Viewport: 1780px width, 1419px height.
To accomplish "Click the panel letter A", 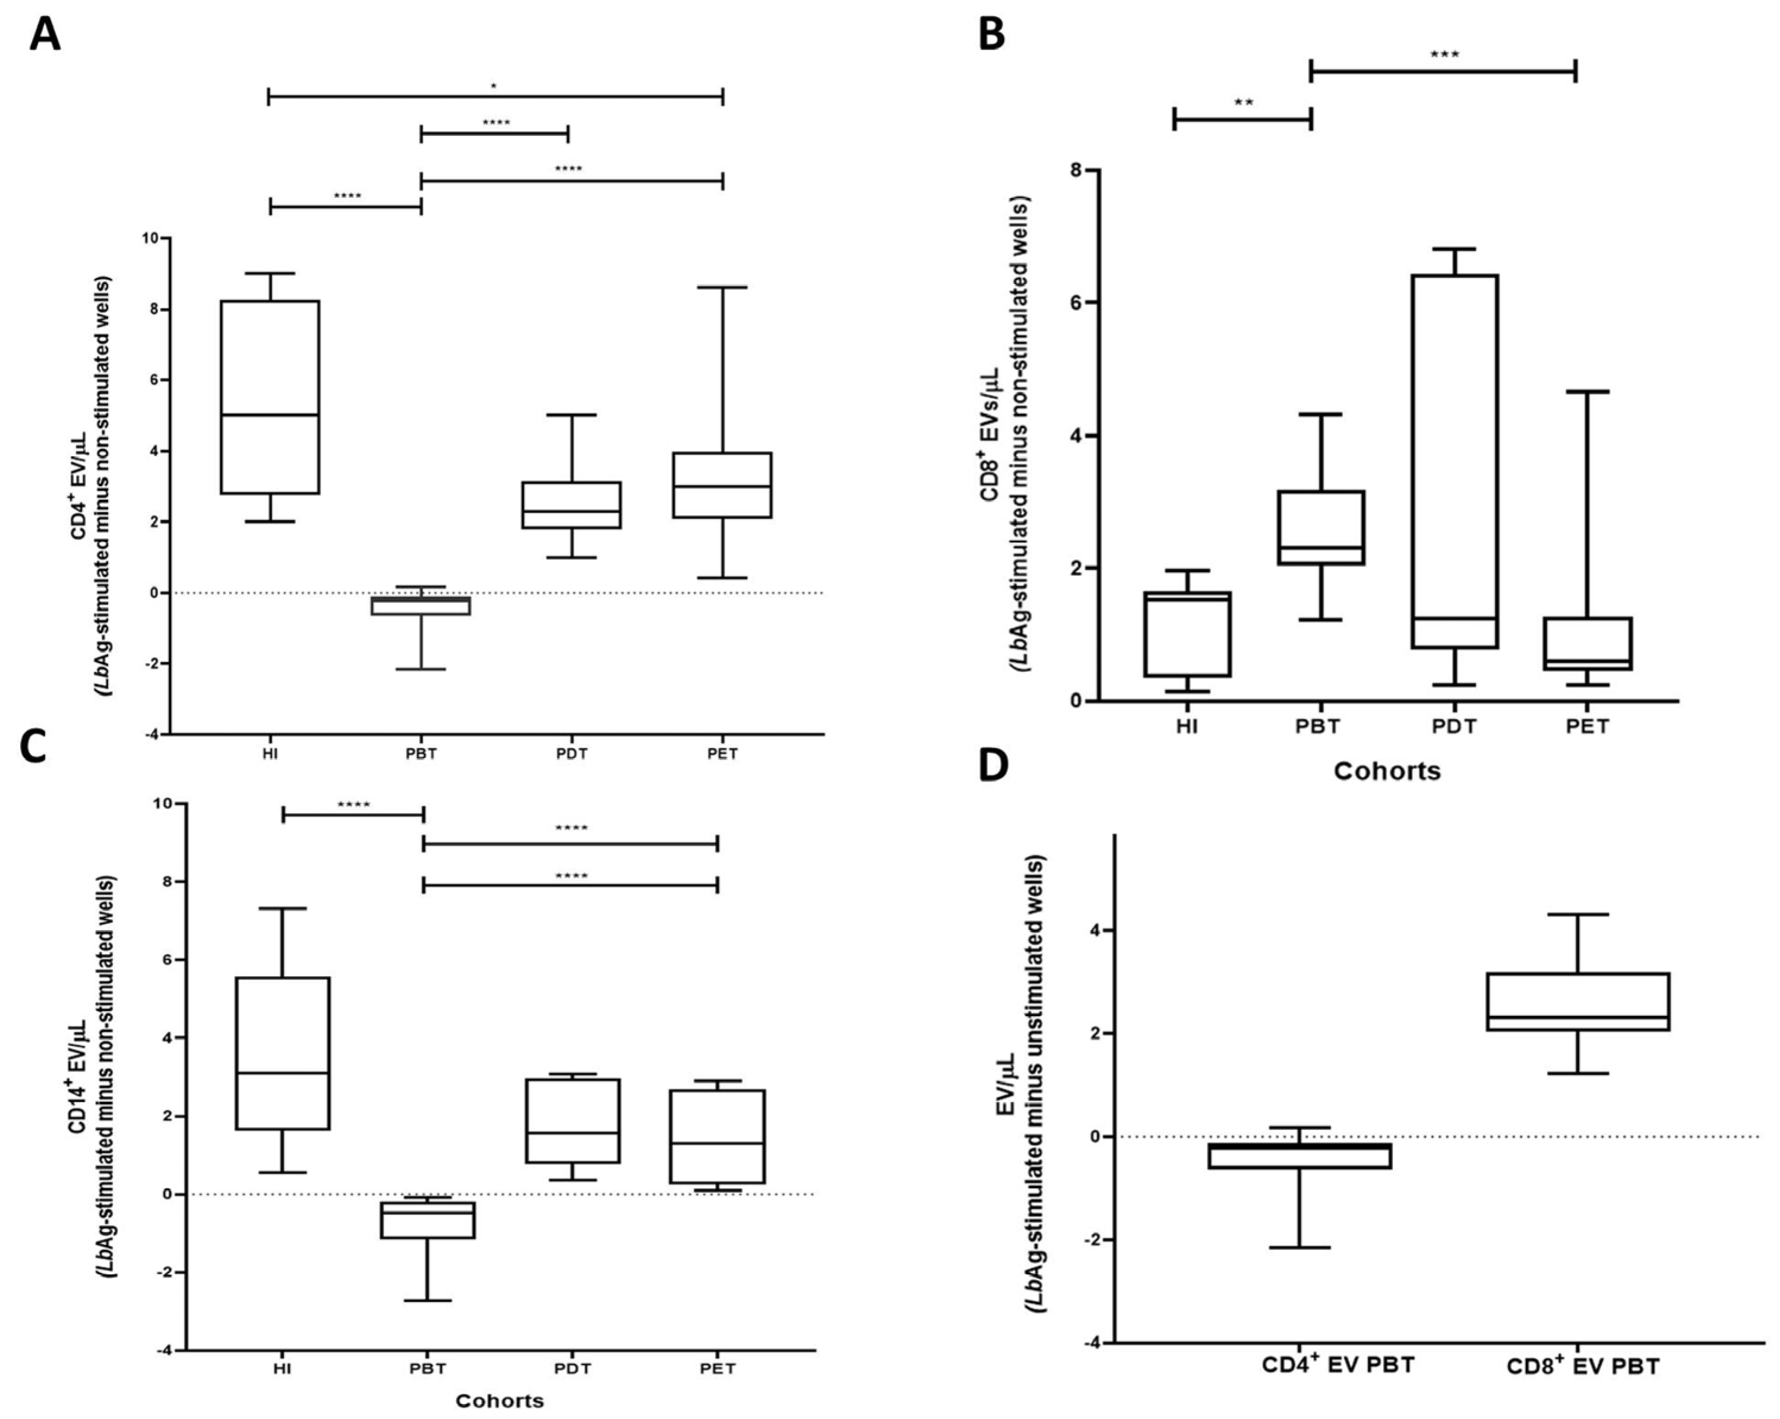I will point(45,36).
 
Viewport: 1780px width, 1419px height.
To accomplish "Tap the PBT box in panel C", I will point(428,1220).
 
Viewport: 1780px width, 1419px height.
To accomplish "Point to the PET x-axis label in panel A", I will point(722,753).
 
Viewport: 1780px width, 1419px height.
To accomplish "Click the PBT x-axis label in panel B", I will point(1318,727).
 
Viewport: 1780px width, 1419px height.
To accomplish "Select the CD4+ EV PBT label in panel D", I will point(1338,1364).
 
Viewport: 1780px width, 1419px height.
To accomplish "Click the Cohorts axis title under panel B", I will point(1387,771).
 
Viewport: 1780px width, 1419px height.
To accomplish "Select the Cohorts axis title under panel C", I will point(499,1400).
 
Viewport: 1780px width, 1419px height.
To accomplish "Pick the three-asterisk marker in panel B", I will point(1444,55).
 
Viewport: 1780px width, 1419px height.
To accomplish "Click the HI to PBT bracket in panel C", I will point(353,815).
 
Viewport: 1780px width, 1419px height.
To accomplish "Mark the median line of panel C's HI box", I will point(282,1072).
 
